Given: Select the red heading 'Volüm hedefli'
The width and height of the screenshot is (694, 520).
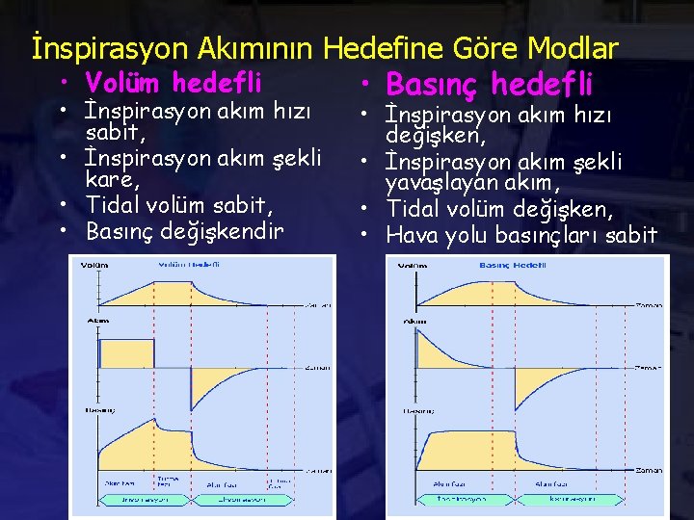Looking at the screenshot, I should tap(173, 83).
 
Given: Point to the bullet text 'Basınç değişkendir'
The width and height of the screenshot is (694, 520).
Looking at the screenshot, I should tap(185, 231).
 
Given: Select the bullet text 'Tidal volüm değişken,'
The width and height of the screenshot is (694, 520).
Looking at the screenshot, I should tap(497, 209).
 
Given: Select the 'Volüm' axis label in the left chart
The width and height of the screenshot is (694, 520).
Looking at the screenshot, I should tap(94, 265).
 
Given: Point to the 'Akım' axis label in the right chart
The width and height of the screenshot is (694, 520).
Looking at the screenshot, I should tap(415, 321).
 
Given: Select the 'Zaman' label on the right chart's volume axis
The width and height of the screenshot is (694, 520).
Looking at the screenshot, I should tap(649, 305).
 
